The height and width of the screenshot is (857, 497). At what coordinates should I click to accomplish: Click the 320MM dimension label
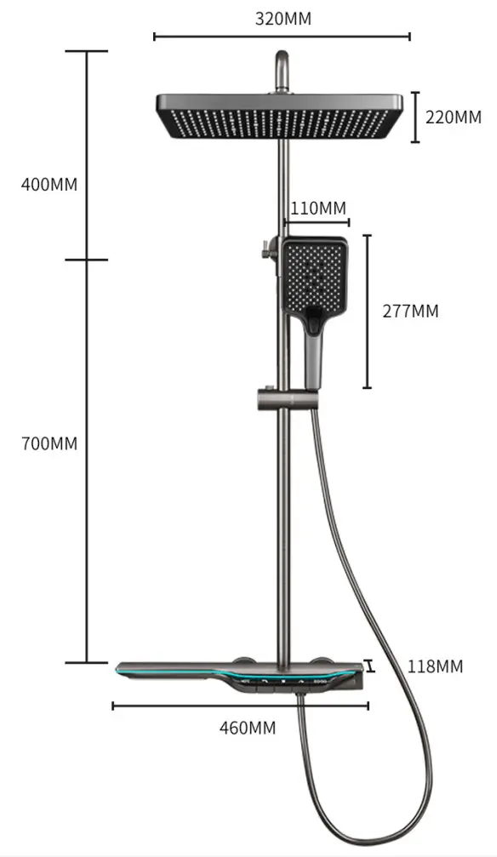(283, 19)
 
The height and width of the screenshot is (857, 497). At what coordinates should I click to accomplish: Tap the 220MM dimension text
(453, 117)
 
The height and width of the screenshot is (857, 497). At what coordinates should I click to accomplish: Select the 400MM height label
(49, 185)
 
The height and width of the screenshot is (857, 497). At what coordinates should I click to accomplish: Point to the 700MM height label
(49, 443)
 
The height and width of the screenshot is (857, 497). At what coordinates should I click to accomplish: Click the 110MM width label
(317, 209)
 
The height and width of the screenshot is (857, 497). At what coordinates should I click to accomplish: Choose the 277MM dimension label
(411, 311)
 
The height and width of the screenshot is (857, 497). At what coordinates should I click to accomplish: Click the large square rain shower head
(283, 117)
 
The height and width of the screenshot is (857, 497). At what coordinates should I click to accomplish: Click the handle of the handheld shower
(313, 357)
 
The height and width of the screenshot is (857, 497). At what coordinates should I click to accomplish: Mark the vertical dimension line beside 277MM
(367, 311)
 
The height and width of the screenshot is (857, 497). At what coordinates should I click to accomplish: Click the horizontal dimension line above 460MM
(240, 705)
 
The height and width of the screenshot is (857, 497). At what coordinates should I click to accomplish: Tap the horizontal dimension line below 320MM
(282, 36)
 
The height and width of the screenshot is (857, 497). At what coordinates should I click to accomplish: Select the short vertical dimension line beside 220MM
(415, 117)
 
